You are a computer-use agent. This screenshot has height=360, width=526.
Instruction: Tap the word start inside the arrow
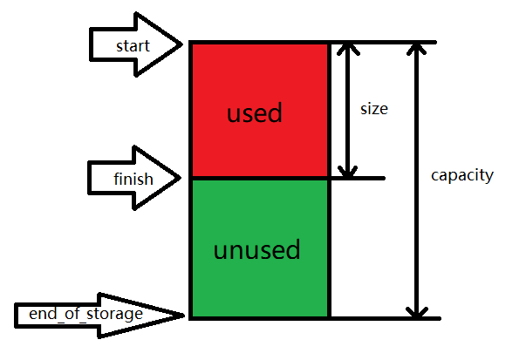[x=133, y=45]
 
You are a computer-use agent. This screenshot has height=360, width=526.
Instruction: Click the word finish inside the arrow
[x=133, y=180]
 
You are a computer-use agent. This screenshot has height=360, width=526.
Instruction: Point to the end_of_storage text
[x=85, y=313]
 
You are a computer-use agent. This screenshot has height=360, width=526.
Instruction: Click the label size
[x=374, y=110]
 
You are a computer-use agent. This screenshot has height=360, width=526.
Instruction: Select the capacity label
[x=462, y=175]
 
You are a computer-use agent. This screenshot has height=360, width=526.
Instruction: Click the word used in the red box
[x=255, y=113]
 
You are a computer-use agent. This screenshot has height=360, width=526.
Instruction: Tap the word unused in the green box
[x=256, y=251]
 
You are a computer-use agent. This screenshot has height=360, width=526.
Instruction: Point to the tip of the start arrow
[x=181, y=44]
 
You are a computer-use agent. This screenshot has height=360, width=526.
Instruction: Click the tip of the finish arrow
[x=181, y=179]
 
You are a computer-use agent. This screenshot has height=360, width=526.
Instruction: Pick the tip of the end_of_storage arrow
[x=184, y=314]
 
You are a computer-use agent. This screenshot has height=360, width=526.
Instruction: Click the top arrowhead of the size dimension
[x=348, y=49]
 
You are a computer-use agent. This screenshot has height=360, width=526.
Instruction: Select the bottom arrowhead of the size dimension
[x=348, y=172]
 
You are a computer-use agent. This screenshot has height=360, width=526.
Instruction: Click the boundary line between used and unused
[x=259, y=179]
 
